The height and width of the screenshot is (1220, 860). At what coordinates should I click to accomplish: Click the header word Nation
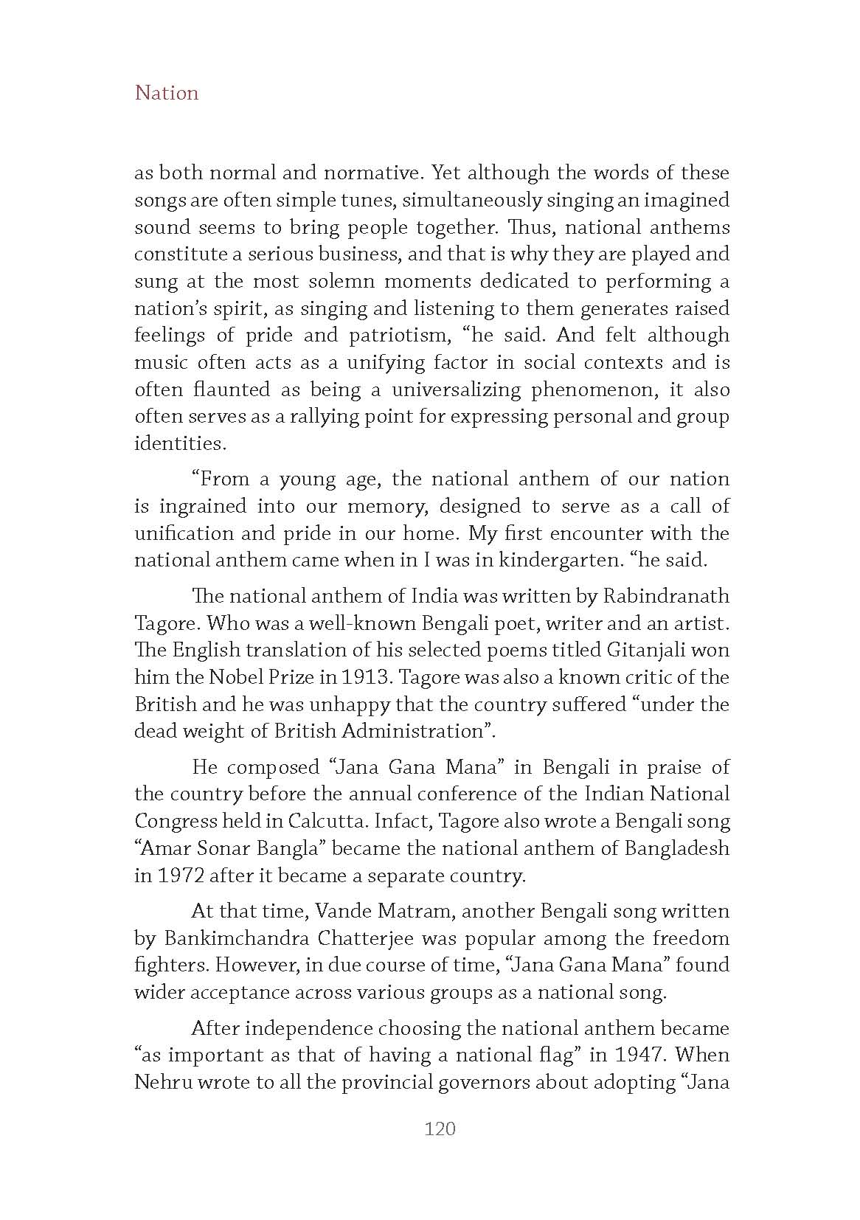pyautogui.click(x=167, y=93)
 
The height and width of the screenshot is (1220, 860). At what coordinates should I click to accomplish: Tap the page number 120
pyautogui.click(x=440, y=1129)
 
